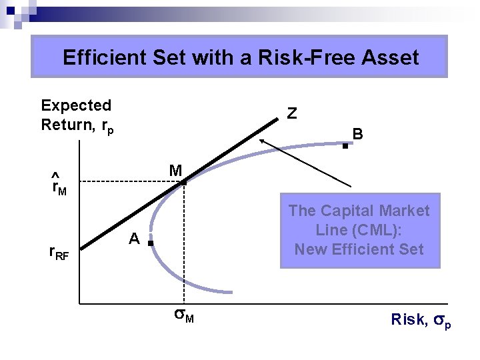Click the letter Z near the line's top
[291, 114]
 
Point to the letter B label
[358, 134]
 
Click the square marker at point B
[345, 145]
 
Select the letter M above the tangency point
[175, 171]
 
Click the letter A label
[134, 239]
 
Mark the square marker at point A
[151, 245]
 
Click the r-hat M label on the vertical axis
[59, 186]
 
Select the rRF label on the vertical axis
[59, 253]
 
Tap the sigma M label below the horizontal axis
[183, 317]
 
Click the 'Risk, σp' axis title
[421, 321]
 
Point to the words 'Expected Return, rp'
[77, 115]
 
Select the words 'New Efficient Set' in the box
[359, 249]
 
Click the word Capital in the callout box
[359, 211]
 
